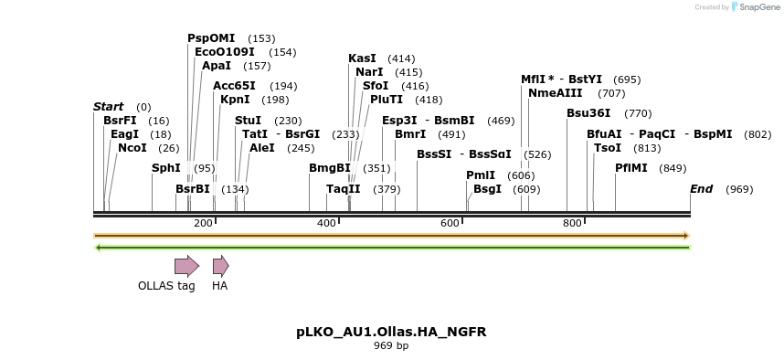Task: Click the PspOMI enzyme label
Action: tap(211, 38)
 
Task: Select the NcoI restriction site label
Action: tap(132, 148)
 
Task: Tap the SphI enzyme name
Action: tap(166, 168)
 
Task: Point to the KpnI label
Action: tap(235, 100)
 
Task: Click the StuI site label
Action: tap(248, 121)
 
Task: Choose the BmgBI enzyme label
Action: tap(330, 168)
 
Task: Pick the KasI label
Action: tap(363, 58)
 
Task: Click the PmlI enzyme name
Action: tap(481, 175)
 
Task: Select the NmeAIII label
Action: tap(555, 93)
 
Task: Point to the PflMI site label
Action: tap(631, 168)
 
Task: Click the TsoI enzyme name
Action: tap(608, 148)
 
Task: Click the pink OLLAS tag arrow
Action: tap(187, 266)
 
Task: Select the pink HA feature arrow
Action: tap(221, 266)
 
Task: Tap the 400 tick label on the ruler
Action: tap(326, 223)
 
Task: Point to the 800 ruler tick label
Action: tap(572, 223)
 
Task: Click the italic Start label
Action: tap(108, 107)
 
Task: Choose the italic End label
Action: tap(701, 189)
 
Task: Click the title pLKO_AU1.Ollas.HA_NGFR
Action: tap(391, 332)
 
